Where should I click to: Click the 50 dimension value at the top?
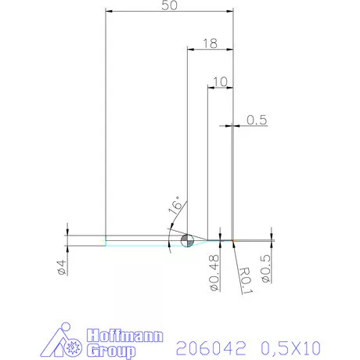point(167,5)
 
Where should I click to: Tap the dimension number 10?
point(219,81)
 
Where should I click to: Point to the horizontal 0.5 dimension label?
point(257,120)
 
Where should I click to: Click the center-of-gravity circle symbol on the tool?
point(187,240)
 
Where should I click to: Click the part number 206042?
point(207,344)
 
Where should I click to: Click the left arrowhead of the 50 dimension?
point(109,12)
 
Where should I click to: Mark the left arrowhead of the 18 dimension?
point(189,49)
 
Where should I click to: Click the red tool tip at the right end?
point(233,239)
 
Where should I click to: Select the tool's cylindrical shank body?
point(141,240)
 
